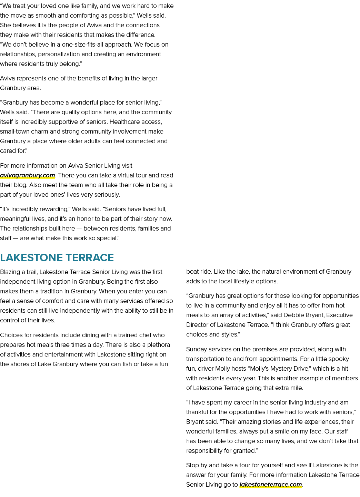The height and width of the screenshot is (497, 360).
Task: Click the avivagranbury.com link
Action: pyautogui.click(x=28, y=175)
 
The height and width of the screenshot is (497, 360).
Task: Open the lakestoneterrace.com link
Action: pyautogui.click(x=271, y=484)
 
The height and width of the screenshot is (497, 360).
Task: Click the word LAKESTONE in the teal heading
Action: pyautogui.click(x=31, y=257)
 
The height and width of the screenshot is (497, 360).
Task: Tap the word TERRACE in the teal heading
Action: pyautogui.click(x=90, y=257)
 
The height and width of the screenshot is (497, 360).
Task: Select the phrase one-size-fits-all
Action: pyautogui.click(x=82, y=45)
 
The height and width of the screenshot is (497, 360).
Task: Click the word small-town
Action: pyautogui.click(x=14, y=131)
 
